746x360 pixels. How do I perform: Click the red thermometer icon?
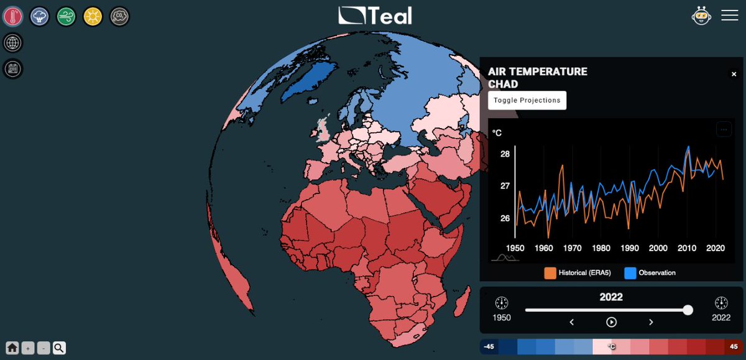click(13, 17)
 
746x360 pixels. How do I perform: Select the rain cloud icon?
click(40, 17)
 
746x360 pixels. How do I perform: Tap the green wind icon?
click(67, 17)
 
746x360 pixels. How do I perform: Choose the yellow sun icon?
click(93, 17)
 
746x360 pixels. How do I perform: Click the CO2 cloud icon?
click(119, 17)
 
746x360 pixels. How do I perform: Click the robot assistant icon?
click(701, 16)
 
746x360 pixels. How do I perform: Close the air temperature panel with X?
click(734, 75)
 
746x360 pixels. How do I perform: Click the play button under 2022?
click(611, 322)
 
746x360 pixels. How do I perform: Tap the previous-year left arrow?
click(572, 322)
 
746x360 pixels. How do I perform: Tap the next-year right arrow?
click(651, 322)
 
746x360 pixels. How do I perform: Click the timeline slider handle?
click(688, 310)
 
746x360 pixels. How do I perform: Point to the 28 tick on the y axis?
click(505, 154)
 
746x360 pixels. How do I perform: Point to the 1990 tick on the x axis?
click(629, 248)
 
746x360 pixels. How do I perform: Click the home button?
click(12, 348)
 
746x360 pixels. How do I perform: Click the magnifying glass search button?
click(59, 348)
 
